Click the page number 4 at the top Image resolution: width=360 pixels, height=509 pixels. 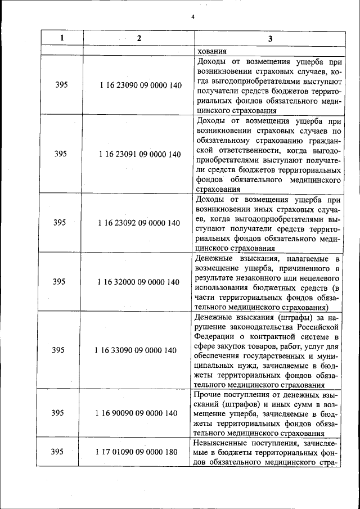(x=193, y=17)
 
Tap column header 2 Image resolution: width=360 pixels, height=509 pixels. (x=139, y=38)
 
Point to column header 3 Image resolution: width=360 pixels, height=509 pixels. (x=269, y=38)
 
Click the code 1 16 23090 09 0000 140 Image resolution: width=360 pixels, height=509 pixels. (x=139, y=85)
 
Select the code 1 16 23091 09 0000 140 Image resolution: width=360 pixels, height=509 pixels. (x=139, y=154)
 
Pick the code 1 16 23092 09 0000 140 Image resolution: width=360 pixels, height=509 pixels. (x=139, y=223)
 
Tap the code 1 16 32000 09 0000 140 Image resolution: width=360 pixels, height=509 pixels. (x=139, y=282)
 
